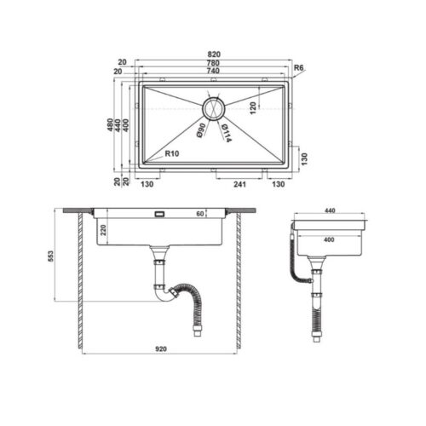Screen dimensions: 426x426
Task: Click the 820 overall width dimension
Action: (x=212, y=51)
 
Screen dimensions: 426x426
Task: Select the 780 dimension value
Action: (x=212, y=61)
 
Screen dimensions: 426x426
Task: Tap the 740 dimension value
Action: (x=212, y=72)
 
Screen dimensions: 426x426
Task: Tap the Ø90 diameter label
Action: (x=199, y=130)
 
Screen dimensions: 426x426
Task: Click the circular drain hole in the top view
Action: (x=213, y=108)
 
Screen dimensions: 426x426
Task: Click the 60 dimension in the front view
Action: (x=201, y=215)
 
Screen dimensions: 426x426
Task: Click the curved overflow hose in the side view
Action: (x=295, y=256)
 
